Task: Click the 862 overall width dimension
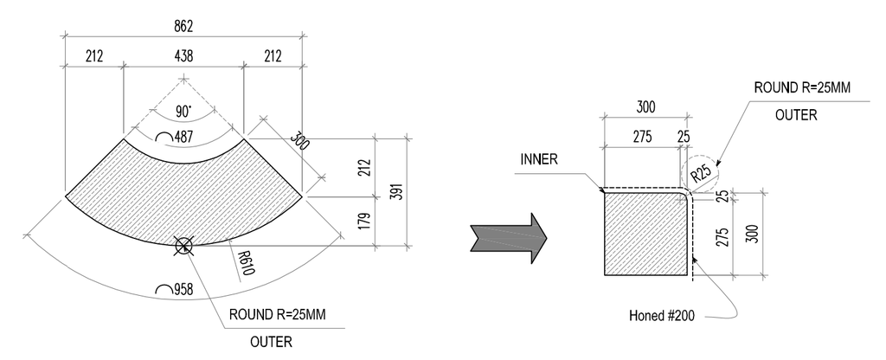pos(183,26)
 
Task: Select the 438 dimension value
pos(183,57)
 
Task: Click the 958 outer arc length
pos(177,290)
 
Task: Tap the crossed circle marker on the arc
pos(183,246)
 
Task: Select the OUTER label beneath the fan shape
pos(271,341)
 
